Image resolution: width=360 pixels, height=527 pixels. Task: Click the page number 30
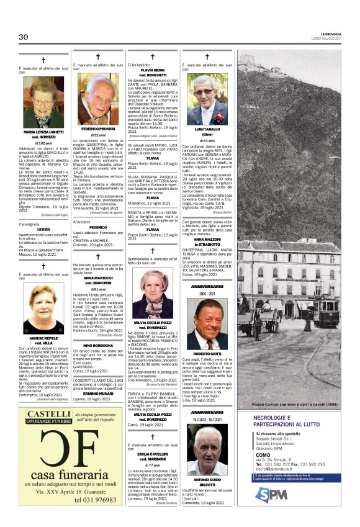(24, 37)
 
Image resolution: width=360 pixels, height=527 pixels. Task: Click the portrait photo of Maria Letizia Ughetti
(43, 102)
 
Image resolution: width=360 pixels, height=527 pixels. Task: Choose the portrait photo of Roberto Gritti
(207, 325)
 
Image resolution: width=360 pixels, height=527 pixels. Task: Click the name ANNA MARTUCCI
(98, 277)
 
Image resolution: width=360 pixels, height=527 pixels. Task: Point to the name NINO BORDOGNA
(98, 345)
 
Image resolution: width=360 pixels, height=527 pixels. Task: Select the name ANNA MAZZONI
(207, 239)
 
